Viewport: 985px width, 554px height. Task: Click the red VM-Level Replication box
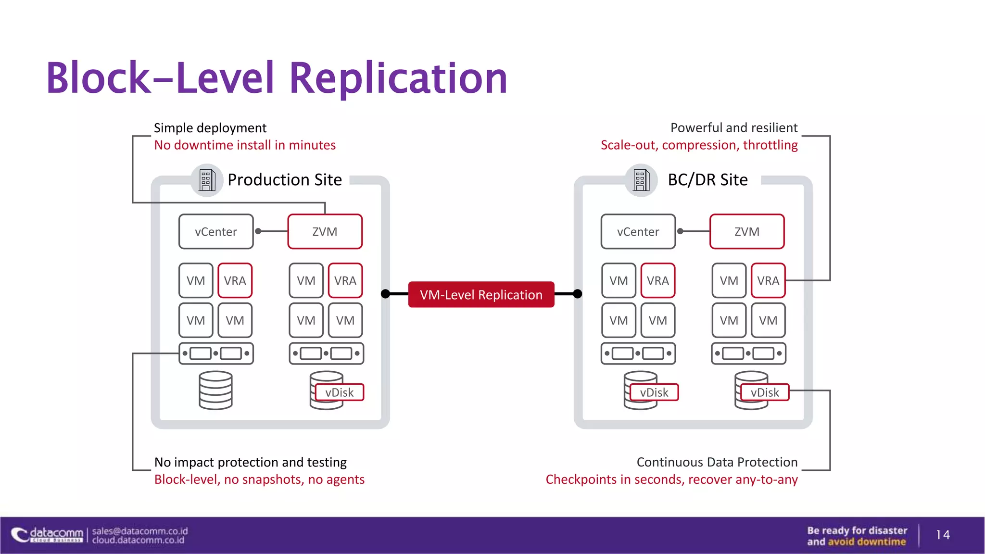pos(481,294)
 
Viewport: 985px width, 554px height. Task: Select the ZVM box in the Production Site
pos(325,231)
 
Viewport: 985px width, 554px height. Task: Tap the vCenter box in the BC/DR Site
pos(638,231)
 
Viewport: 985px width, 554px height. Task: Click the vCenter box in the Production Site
pos(215,231)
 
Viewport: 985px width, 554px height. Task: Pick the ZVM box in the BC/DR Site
pos(747,231)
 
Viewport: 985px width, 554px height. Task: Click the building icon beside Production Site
pos(207,180)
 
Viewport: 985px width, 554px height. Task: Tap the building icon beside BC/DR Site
pos(641,180)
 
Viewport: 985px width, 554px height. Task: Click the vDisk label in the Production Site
pos(340,392)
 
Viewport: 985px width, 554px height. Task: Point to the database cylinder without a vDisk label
pos(215,390)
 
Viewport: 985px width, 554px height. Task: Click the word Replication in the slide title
pos(398,78)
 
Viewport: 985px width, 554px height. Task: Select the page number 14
pos(943,535)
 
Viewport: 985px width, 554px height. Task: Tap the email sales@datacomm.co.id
pos(139,531)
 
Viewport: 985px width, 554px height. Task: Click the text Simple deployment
pos(210,128)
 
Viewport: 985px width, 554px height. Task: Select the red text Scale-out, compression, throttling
pos(699,145)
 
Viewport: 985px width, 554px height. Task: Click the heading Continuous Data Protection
pos(717,462)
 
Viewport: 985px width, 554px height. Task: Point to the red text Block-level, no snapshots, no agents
pos(259,479)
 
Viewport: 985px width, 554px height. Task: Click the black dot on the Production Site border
pos(385,294)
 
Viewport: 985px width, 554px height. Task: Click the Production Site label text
pos(285,180)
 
